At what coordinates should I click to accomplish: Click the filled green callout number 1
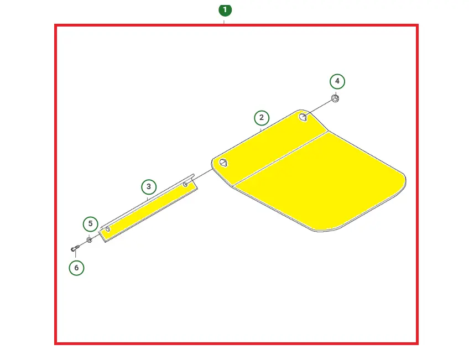(225, 10)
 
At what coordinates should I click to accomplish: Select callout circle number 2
(262, 118)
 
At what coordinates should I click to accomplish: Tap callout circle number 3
(149, 187)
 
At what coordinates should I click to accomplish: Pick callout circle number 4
(337, 81)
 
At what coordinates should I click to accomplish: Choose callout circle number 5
(90, 224)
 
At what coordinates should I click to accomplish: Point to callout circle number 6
(76, 268)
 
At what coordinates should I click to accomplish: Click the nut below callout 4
(335, 98)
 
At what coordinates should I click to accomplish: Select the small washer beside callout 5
(89, 240)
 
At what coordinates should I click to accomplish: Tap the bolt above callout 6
(75, 248)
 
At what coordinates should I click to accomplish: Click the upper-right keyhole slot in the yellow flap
(303, 117)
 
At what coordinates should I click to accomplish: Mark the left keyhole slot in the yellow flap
(223, 163)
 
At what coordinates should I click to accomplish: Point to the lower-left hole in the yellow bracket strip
(108, 229)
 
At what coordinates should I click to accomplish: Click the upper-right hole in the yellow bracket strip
(185, 185)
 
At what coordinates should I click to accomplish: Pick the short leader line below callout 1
(224, 22)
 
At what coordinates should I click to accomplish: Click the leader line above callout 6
(75, 254)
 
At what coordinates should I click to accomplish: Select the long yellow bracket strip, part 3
(149, 208)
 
